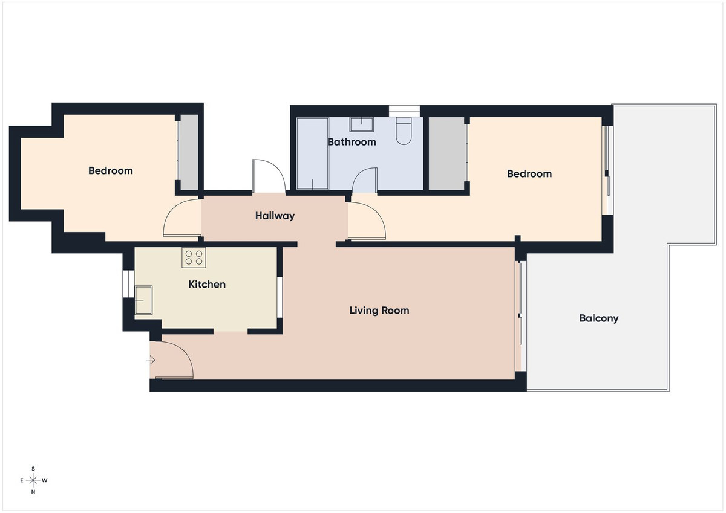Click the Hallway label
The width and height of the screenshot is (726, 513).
(275, 216)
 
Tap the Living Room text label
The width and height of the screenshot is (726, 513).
(379, 311)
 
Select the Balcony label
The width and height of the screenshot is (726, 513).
(599, 318)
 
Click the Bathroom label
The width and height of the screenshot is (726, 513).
(352, 142)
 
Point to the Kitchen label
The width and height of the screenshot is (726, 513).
(207, 284)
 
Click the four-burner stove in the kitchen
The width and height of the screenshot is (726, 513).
(194, 258)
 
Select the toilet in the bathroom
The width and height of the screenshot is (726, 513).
(403, 131)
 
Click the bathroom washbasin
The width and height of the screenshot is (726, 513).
(361, 124)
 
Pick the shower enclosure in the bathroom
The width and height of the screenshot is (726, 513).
(312, 153)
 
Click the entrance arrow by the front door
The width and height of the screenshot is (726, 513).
(151, 361)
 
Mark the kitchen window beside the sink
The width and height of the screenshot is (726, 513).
(127, 283)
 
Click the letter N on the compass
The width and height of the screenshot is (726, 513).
(33, 492)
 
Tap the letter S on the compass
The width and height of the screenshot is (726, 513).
(33, 469)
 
